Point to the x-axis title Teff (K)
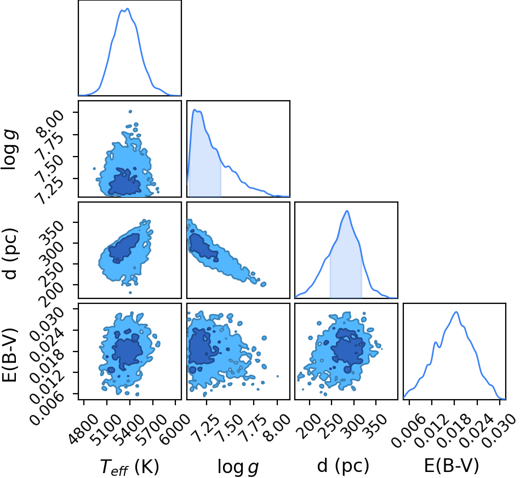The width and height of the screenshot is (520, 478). pos(129,467)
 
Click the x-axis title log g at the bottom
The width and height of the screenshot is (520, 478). pos(238,467)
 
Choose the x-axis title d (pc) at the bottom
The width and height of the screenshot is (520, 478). pos(343,466)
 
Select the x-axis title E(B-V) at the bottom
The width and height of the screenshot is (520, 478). pos(452,466)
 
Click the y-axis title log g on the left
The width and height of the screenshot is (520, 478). pos(10,150)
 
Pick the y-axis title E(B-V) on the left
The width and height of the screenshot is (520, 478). pos(10,355)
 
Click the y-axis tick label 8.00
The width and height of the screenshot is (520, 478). pos(50,124)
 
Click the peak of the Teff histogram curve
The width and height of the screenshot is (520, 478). pos(128,9)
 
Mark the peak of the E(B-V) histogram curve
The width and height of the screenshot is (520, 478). pos(456,312)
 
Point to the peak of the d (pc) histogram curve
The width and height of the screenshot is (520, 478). pos(347,211)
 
